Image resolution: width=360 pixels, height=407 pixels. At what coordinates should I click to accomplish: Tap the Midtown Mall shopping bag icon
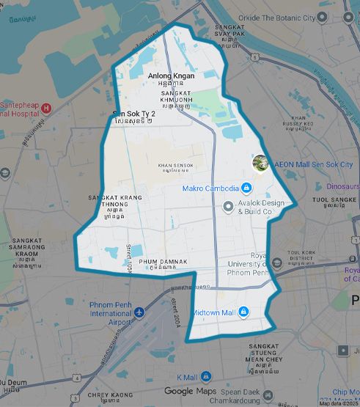243,312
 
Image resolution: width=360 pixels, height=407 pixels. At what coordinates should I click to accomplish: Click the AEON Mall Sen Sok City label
313,165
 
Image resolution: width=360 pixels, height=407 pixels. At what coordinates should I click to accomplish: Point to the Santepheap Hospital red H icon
46,109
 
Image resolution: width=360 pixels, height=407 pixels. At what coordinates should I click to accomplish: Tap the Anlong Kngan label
171,76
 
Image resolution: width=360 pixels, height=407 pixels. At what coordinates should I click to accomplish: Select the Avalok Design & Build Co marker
228,207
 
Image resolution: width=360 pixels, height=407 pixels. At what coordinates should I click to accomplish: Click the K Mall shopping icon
207,376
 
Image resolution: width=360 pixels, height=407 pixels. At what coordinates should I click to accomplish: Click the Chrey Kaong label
109,395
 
